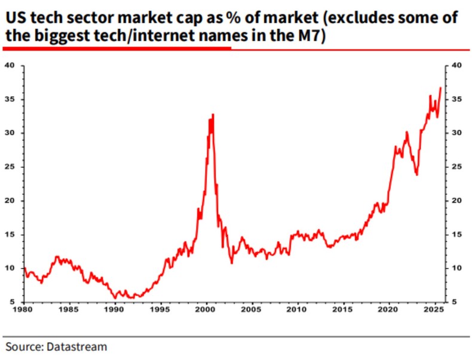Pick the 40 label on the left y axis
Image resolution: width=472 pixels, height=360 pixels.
coord(10,65)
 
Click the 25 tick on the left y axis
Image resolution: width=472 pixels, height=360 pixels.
coord(10,167)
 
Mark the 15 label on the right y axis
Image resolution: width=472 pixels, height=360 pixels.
coord(456,235)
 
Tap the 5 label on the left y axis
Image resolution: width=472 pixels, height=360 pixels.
coord(13,302)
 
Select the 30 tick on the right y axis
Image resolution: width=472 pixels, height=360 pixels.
coord(456,133)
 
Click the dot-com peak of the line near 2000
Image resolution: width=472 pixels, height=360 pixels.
coord(213,114)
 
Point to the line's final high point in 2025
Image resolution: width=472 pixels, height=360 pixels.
coord(441,88)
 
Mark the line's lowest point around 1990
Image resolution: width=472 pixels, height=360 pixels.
coord(115,298)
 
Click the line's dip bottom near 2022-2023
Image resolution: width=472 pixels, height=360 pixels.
coord(416,175)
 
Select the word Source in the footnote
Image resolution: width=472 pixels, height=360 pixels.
coord(23,346)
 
